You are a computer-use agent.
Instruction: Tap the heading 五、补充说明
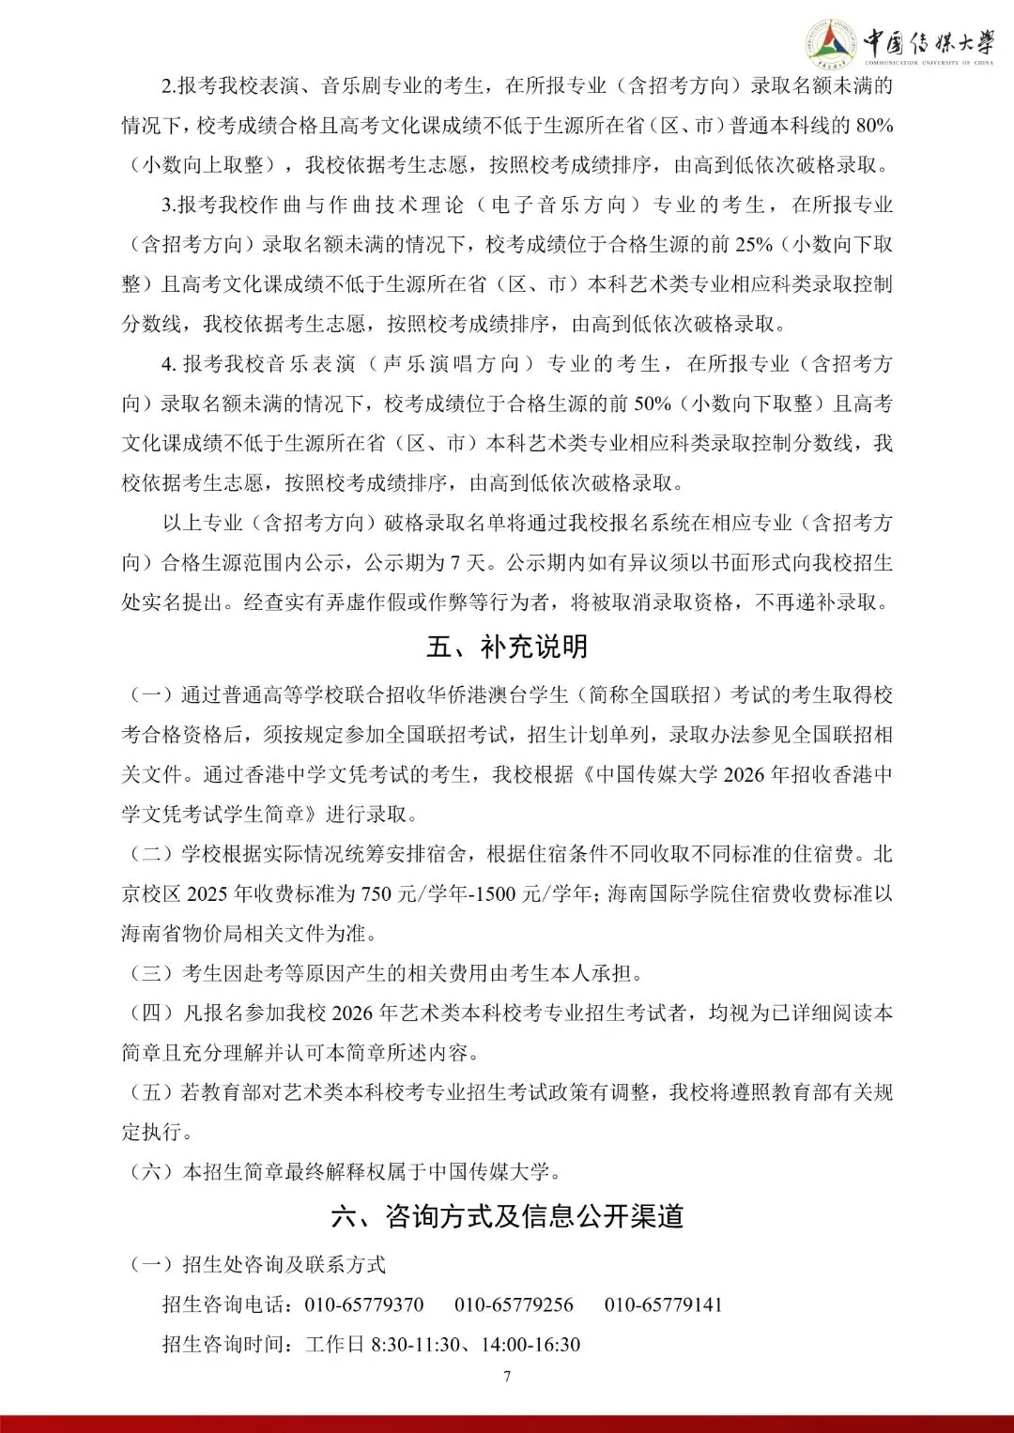pos(507,647)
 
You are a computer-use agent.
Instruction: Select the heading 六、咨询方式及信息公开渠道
pos(507,1216)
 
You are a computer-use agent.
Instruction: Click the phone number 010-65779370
pos(364,1304)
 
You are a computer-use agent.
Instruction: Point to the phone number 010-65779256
pos(514,1304)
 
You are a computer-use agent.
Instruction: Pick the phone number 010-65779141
pos(663,1304)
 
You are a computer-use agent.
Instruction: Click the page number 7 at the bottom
pos(507,1377)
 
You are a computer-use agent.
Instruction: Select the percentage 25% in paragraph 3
pos(754,245)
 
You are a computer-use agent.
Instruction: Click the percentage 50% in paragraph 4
pos(653,404)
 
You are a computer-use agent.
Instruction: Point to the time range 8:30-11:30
pos(416,1344)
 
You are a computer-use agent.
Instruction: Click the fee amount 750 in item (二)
pos(376,893)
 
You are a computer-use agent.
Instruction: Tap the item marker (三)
pos(150,973)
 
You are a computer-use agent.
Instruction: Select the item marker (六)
pos(150,1171)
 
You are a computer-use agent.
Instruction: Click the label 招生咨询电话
pos(227,1304)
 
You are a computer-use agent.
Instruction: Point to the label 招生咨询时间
pos(227,1344)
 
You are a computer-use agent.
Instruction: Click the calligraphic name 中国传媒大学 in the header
pos(928,42)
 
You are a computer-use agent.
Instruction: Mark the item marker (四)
pos(150,1013)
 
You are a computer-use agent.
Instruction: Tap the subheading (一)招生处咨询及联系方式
pos(255,1264)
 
